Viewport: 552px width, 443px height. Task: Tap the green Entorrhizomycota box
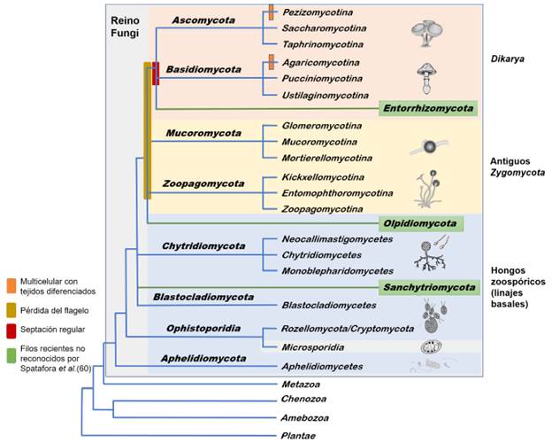pyautogui.click(x=428, y=108)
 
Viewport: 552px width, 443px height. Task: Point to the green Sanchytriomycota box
pyautogui.click(x=428, y=287)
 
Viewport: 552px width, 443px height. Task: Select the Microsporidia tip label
pyautogui.click(x=313, y=345)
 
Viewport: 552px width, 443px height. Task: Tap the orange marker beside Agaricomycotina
pyautogui.click(x=272, y=62)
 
